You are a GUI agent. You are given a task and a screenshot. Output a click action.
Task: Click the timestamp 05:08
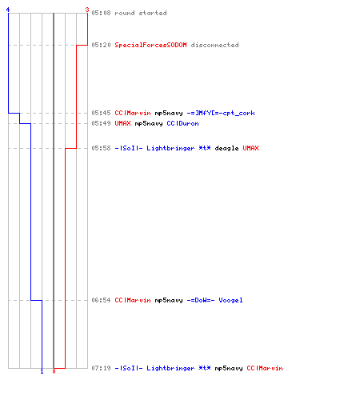(x=101, y=13)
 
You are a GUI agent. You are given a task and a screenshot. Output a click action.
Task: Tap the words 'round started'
(x=141, y=13)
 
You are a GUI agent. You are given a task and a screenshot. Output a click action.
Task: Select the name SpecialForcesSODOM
(x=150, y=45)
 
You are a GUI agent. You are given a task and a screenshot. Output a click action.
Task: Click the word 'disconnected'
(x=214, y=45)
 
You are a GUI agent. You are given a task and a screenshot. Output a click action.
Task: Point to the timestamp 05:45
(x=101, y=113)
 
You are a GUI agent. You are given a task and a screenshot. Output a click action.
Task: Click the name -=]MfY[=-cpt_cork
(x=221, y=113)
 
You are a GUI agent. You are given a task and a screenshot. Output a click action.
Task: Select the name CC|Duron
(x=182, y=123)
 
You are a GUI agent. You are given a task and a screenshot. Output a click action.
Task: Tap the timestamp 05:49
(x=101, y=123)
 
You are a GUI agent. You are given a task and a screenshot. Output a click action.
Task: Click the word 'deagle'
(x=226, y=148)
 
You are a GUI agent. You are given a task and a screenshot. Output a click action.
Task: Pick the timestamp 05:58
(x=101, y=148)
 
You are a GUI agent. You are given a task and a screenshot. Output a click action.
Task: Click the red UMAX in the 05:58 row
(x=250, y=148)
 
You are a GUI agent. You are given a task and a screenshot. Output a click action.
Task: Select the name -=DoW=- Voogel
(x=214, y=300)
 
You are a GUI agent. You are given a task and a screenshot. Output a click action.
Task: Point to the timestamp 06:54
(x=101, y=300)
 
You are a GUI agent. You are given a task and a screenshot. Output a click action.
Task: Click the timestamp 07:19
(x=101, y=368)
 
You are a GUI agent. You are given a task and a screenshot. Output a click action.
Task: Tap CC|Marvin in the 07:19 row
(x=265, y=368)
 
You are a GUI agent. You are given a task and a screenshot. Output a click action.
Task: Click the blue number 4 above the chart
(x=8, y=10)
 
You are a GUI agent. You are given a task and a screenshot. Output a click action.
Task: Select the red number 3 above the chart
(x=87, y=10)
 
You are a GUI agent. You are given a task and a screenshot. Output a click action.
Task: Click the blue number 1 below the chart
(x=42, y=371)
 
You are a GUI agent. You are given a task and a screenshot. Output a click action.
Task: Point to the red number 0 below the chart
(x=54, y=371)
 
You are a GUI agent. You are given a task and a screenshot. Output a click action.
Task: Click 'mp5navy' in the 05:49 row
(x=149, y=124)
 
